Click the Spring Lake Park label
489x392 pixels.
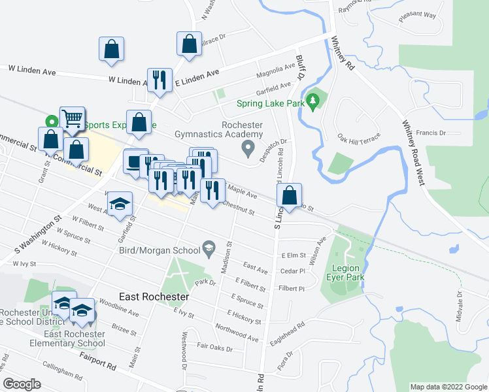[270, 103]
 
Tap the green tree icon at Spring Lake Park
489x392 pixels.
[314, 101]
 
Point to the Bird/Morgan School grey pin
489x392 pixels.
[209, 246]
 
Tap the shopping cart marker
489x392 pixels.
[72, 119]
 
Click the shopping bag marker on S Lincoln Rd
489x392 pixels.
[289, 195]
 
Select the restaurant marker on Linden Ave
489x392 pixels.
[160, 80]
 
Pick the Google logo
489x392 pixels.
[22, 384]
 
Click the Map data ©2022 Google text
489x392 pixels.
[448, 387]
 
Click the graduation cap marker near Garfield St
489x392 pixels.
[120, 204]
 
